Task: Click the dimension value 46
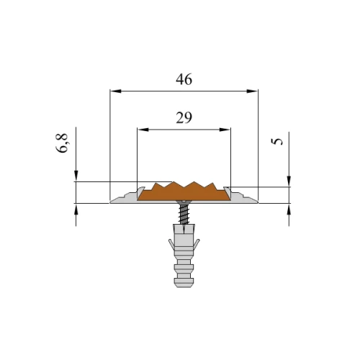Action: [x=184, y=79]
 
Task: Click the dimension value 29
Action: [x=184, y=118]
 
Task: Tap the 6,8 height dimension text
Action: [x=62, y=143]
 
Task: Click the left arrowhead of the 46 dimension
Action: [x=115, y=91]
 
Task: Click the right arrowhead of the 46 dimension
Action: [x=253, y=91]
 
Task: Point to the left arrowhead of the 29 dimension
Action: [x=143, y=130]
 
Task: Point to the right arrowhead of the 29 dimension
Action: [x=225, y=130]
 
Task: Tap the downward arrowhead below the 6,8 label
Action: [x=76, y=176]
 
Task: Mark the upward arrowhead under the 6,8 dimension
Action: [x=76, y=210]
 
